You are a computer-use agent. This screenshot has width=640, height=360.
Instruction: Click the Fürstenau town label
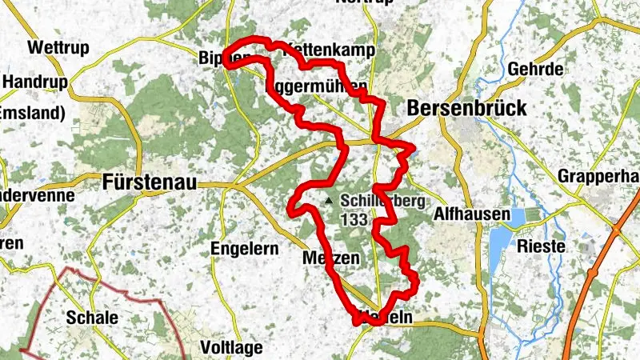pos(150,183)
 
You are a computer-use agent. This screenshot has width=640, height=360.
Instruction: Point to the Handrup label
pos(33,81)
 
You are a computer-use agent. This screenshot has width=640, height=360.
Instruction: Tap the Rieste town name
pos(541,246)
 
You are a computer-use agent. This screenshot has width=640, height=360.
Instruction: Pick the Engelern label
pos(244,249)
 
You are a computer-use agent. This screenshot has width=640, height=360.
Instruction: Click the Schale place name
pos(93,318)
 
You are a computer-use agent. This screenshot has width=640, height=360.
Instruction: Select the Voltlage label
pos(232,348)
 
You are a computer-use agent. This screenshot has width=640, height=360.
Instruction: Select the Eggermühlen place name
pos(315,85)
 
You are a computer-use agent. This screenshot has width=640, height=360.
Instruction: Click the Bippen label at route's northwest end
pos(216,58)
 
